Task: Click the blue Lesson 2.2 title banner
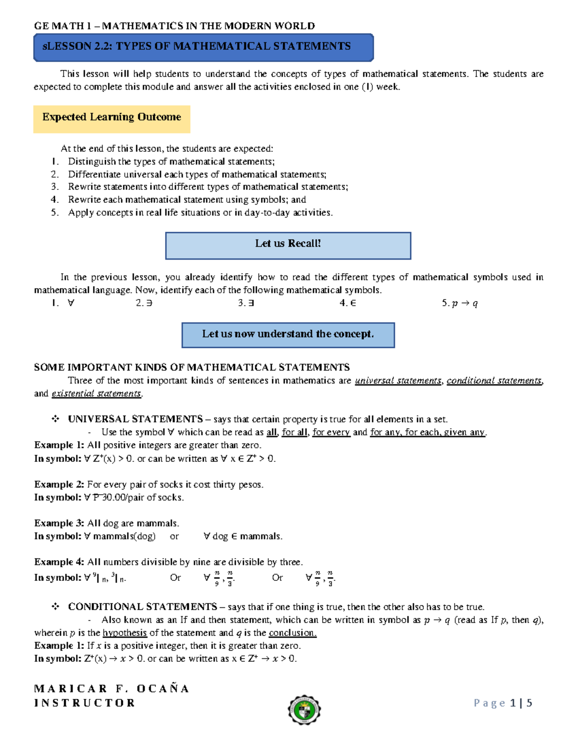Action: coord(203,47)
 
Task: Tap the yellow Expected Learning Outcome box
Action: coord(112,118)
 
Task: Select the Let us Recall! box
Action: coord(288,246)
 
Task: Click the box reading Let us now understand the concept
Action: coord(288,335)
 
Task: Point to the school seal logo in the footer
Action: coord(304,710)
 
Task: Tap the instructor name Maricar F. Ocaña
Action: coord(111,689)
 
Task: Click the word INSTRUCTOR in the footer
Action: coord(85,703)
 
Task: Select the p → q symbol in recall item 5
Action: coord(465,303)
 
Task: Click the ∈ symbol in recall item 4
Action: coord(353,303)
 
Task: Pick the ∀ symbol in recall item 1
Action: coord(71,303)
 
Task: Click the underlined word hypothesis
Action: coord(125,633)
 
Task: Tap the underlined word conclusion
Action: coord(292,633)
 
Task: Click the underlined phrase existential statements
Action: coord(96,394)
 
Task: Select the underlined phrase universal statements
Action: coord(398,381)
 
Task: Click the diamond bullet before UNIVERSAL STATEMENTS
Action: coord(55,419)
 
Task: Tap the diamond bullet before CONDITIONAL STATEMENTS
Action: coord(55,607)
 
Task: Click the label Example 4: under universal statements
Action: coord(59,562)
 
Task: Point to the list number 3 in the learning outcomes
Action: coord(54,187)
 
